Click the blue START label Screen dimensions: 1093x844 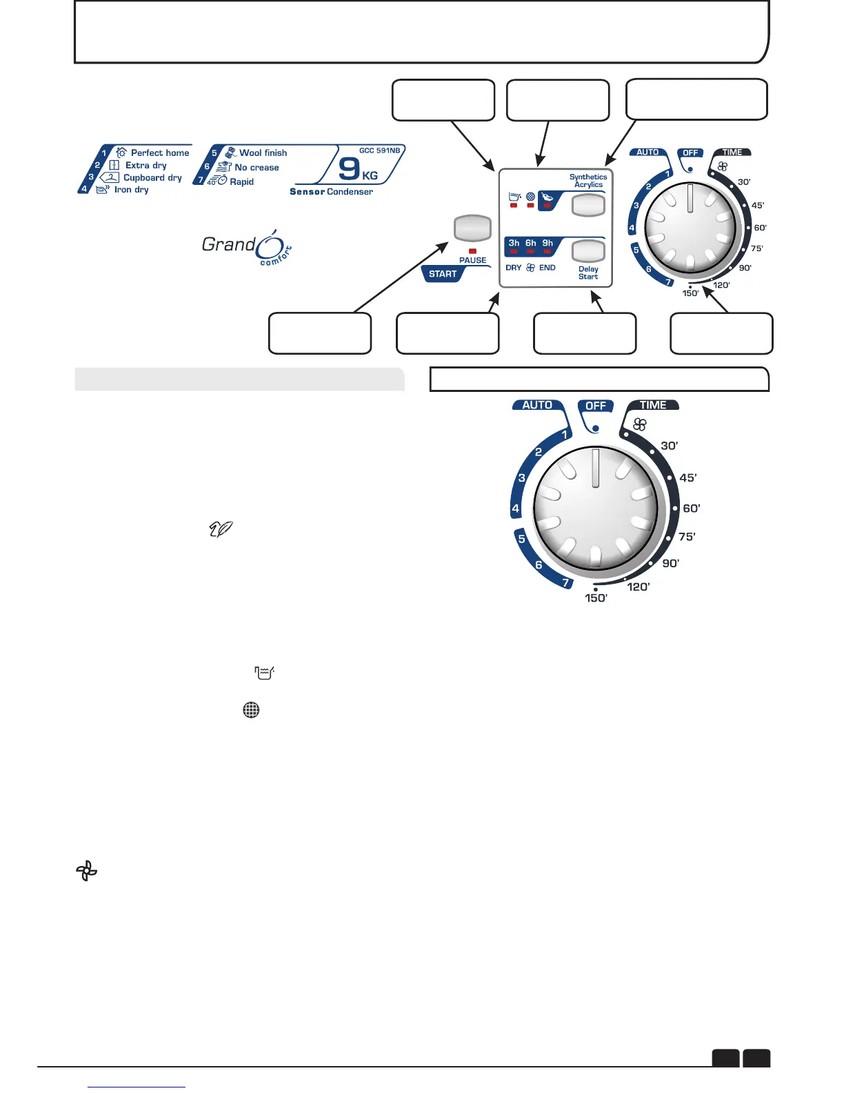443,274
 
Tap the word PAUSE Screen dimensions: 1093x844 472,260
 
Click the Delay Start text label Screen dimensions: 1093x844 588,273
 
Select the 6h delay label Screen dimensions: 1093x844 530,243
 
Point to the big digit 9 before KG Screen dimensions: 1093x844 350,168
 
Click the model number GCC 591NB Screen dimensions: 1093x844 379,150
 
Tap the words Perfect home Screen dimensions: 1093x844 160,152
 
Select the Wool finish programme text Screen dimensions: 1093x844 263,152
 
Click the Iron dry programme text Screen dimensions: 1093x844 131,190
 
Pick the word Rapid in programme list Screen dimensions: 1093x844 241,181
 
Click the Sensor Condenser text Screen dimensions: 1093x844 331,192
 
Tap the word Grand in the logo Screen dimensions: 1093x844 228,244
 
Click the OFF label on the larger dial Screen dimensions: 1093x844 595,406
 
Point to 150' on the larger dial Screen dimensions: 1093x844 596,598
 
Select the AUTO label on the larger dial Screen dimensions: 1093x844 537,405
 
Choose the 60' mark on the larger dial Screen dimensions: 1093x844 691,509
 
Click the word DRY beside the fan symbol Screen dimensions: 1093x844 514,268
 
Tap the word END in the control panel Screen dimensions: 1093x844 547,268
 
